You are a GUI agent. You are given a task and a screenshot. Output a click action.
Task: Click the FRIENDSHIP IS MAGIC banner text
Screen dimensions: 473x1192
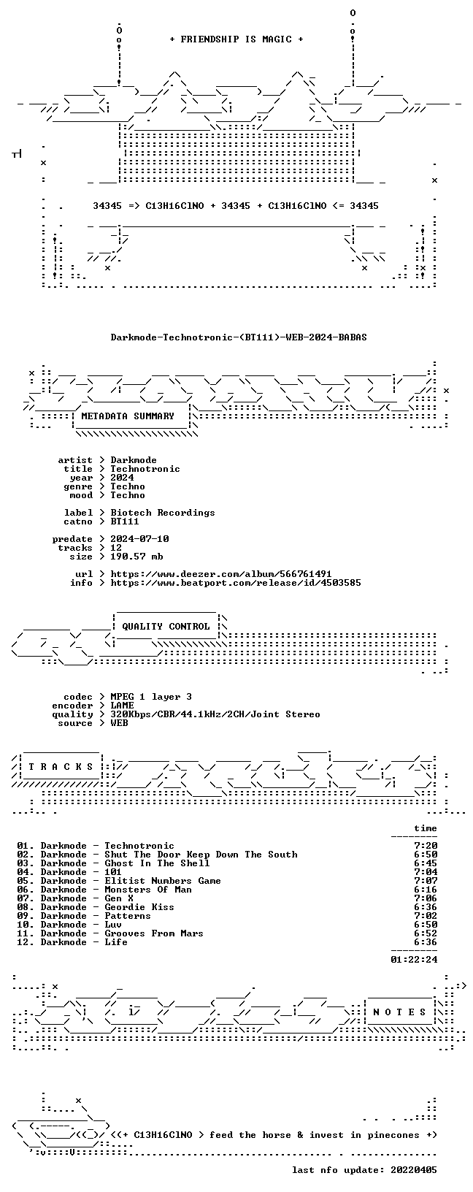coord(236,39)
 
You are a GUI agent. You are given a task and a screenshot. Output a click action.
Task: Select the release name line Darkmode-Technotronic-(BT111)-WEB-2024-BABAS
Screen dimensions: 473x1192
coord(239,337)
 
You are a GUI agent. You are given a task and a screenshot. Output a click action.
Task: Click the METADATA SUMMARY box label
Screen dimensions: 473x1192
coord(128,416)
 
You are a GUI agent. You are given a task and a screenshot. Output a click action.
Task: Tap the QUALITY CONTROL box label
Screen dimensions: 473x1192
coord(166,627)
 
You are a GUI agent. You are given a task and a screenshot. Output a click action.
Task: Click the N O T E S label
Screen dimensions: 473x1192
coord(399,1012)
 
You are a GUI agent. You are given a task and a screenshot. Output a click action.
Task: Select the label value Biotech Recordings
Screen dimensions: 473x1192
coord(163,513)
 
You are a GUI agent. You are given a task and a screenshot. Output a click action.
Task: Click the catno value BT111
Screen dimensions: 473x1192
coord(125,521)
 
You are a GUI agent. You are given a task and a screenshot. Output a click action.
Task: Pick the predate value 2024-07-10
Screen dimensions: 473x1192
coord(139,539)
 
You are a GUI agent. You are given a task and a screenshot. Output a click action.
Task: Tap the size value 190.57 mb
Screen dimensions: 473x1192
coord(136,557)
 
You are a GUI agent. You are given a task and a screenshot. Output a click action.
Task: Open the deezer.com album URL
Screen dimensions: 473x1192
coord(220,574)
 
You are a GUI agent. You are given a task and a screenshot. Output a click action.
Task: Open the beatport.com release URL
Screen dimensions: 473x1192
coord(236,583)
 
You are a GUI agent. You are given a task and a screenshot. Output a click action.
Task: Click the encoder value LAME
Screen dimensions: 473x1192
coord(122,706)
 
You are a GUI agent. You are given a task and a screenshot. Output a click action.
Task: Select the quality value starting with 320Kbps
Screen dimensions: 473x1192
coord(215,714)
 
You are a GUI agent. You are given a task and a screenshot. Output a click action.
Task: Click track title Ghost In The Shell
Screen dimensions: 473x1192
coord(157,863)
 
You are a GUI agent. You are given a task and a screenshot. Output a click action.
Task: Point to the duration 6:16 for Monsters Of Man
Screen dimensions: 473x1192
coord(426,889)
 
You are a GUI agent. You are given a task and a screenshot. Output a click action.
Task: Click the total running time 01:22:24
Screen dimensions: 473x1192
coord(414,960)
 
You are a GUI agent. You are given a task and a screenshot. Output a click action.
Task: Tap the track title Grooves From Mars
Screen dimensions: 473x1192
coord(154,933)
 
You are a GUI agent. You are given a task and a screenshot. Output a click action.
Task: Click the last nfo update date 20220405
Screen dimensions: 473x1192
coord(414,1169)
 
